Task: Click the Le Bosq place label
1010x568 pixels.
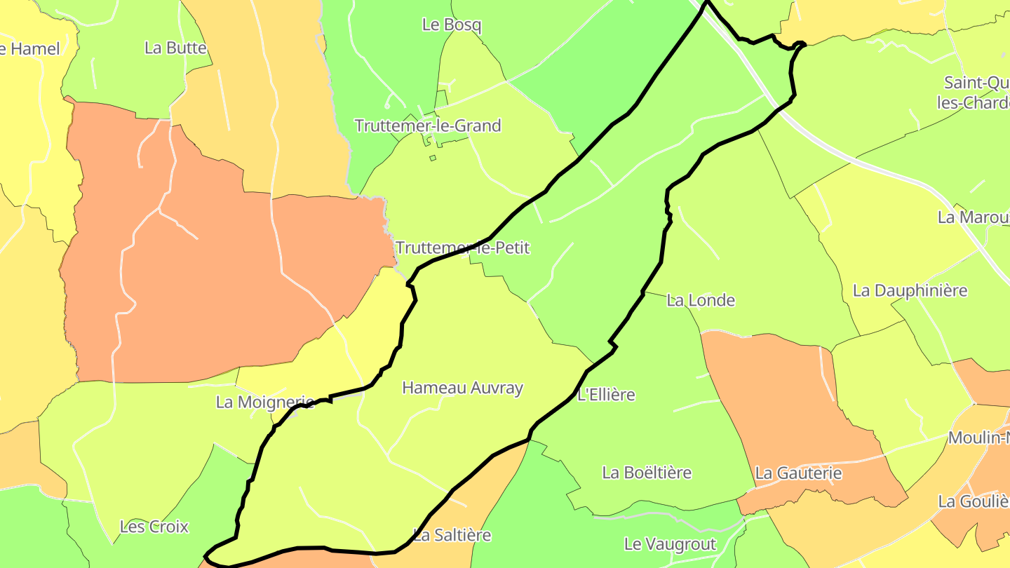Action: tap(452, 25)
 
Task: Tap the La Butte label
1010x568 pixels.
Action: tap(175, 48)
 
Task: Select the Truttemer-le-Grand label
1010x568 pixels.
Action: tap(428, 126)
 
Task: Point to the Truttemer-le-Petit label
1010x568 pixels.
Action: tap(462, 248)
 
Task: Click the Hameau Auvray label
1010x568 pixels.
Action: tap(462, 387)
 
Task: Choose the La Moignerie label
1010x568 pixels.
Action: tap(264, 402)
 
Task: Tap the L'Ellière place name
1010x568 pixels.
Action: tap(606, 395)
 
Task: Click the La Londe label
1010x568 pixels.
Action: tap(701, 300)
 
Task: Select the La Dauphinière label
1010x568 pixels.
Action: tap(910, 290)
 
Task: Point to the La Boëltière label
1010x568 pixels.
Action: tap(647, 473)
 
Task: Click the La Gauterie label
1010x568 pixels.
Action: tap(798, 473)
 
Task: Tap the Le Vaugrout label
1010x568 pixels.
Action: tap(670, 544)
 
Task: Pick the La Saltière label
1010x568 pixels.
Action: tap(452, 535)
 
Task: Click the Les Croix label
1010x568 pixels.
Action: tap(154, 527)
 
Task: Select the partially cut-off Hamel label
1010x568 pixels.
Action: tap(31, 48)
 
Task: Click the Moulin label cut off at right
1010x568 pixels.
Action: tap(978, 438)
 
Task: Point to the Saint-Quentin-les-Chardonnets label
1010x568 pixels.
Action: tap(976, 93)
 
